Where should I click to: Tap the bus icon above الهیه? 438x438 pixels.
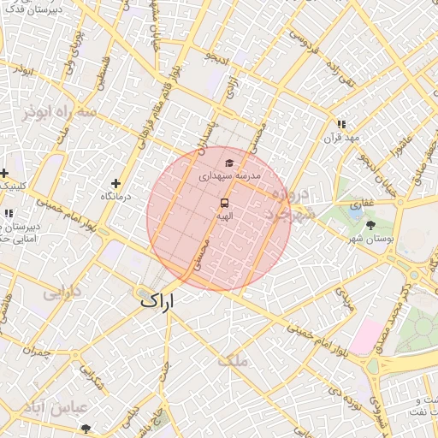tap(224, 203)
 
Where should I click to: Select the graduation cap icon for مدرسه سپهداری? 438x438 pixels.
tap(228, 163)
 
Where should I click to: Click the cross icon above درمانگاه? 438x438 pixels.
tap(115, 183)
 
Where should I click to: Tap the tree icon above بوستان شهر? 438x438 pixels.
tap(370, 225)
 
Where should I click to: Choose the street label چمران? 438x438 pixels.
tap(38, 352)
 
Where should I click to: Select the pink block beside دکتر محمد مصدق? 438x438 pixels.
tap(365, 335)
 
